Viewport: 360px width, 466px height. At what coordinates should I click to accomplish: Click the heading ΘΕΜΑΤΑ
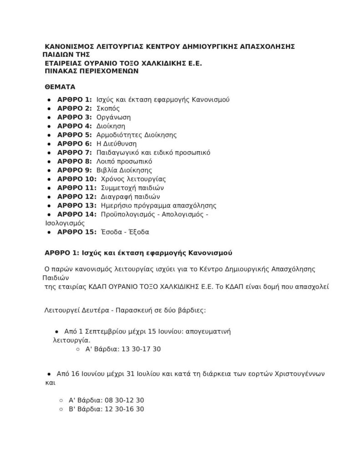pos(60,86)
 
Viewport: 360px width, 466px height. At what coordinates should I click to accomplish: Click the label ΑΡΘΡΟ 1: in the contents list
pos(75,99)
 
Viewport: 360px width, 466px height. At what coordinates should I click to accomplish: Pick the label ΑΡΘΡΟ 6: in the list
pos(75,143)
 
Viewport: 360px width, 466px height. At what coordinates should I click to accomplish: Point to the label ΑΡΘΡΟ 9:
pos(75,170)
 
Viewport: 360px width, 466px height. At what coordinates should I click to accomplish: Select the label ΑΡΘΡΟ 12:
pos(77,197)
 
